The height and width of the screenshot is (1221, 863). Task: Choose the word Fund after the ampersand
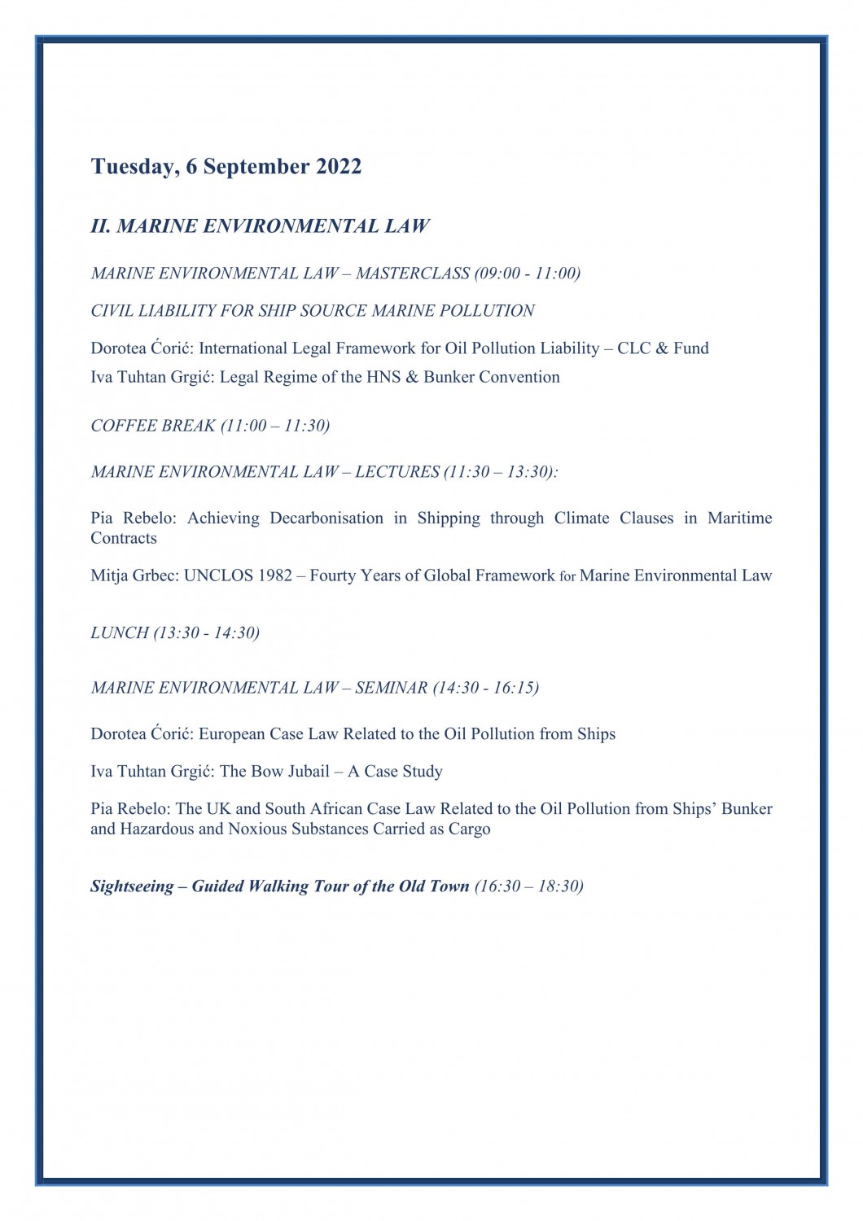click(690, 348)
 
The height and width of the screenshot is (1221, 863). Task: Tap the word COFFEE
click(119, 426)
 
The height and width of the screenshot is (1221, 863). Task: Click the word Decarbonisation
click(326, 519)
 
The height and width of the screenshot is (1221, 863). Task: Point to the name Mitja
click(109, 576)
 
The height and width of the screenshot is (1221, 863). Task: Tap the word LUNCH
click(120, 633)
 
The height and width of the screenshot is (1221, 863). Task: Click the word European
click(232, 734)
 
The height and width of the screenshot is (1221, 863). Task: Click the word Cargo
click(469, 829)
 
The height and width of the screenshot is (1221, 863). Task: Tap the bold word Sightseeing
click(132, 886)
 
